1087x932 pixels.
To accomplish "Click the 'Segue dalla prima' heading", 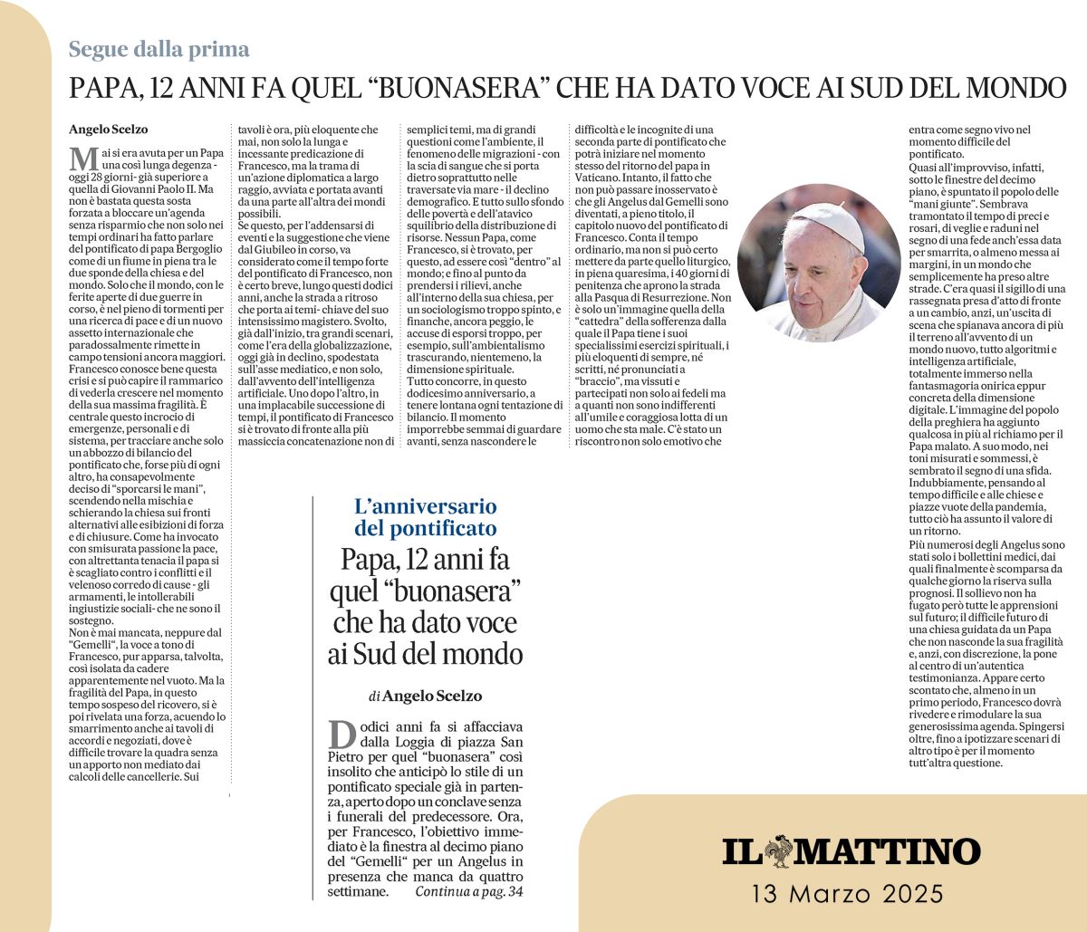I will click(x=159, y=49).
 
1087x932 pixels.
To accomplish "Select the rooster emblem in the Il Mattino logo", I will click(x=777, y=851).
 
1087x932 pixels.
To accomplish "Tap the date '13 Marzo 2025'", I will click(x=847, y=895).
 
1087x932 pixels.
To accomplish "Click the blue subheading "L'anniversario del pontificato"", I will click(x=425, y=517).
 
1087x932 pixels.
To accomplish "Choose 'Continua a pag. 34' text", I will click(x=469, y=892).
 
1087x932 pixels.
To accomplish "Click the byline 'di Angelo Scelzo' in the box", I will click(x=425, y=696).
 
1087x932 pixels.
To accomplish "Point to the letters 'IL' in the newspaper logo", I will click(x=740, y=852).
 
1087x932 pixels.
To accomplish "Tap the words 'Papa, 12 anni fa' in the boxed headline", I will click(x=425, y=561).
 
